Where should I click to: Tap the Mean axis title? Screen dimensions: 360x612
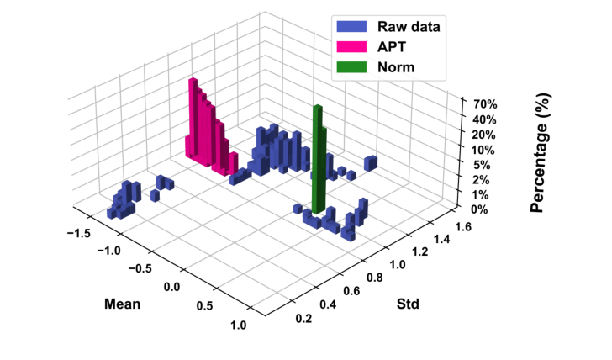tap(122, 303)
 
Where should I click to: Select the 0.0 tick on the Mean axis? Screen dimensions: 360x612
tap(171, 287)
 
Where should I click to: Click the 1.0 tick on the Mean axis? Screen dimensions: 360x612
tap(239, 326)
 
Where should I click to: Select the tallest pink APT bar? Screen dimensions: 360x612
tap(193, 118)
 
